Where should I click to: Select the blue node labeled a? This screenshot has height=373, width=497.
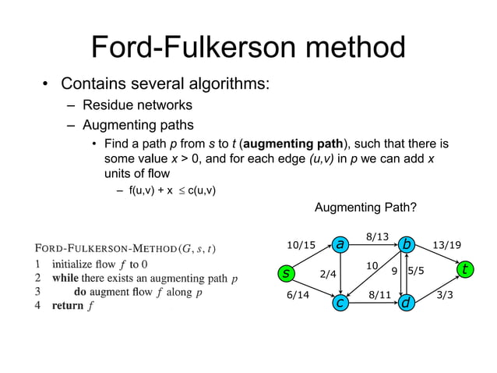click(x=340, y=245)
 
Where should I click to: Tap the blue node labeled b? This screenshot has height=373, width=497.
click(x=405, y=245)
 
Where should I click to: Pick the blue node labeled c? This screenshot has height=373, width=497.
click(x=340, y=301)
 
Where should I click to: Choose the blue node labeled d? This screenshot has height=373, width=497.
click(x=405, y=301)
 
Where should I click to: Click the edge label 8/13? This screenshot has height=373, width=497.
click(x=376, y=234)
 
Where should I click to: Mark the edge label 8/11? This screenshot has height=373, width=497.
click(x=379, y=296)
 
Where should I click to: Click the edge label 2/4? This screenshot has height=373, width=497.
click(x=328, y=274)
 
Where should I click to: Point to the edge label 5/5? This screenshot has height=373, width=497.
click(x=415, y=271)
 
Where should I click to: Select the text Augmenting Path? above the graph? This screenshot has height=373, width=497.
click(x=365, y=208)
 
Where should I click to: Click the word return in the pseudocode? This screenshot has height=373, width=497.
click(x=67, y=305)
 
